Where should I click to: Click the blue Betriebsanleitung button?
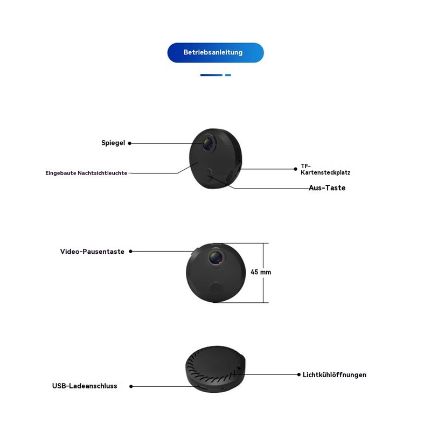coord(215,53)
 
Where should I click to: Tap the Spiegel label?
coord(113,143)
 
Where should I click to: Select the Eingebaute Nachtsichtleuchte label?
coord(86,173)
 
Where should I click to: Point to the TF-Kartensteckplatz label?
coord(325,170)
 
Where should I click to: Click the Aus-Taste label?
coord(327,188)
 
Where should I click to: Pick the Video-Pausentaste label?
coord(92,252)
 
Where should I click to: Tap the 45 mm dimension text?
coord(261,272)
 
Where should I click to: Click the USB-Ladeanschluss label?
coord(85,386)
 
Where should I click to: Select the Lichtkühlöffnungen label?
coord(335,374)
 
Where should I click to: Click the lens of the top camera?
coord(208,143)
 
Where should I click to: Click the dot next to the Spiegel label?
coord(129,143)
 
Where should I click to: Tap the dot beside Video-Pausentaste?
coord(130,252)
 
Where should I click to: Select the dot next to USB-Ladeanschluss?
coord(131,386)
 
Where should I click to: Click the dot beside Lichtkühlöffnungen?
coord(298,374)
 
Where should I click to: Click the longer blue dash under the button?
coord(211,75)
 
